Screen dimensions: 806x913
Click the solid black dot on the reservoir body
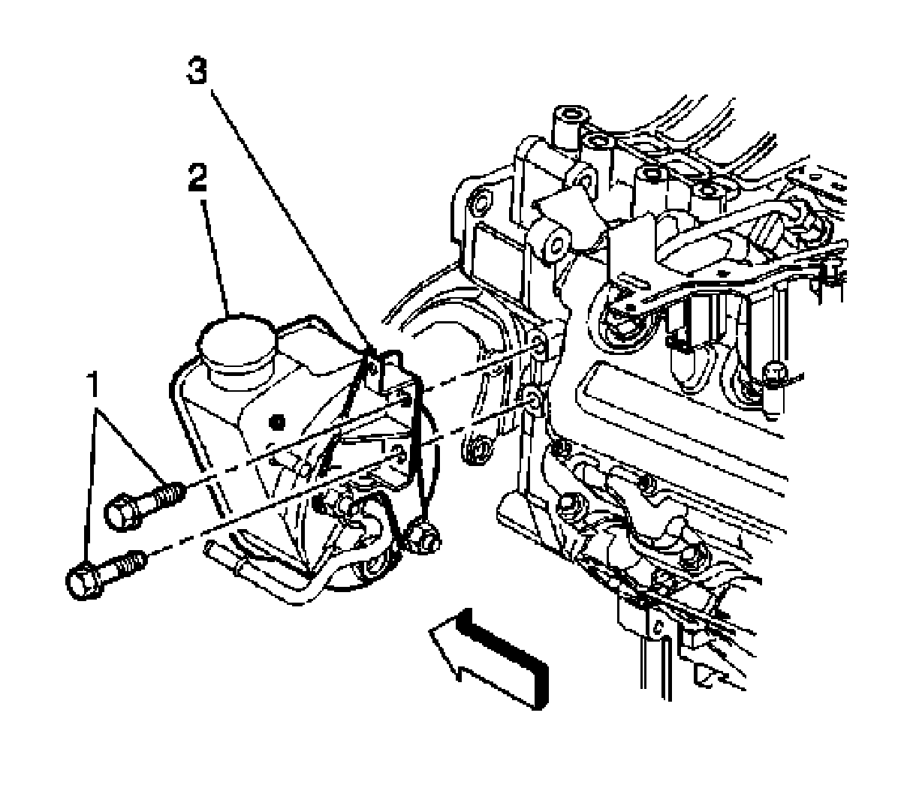tap(279, 422)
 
